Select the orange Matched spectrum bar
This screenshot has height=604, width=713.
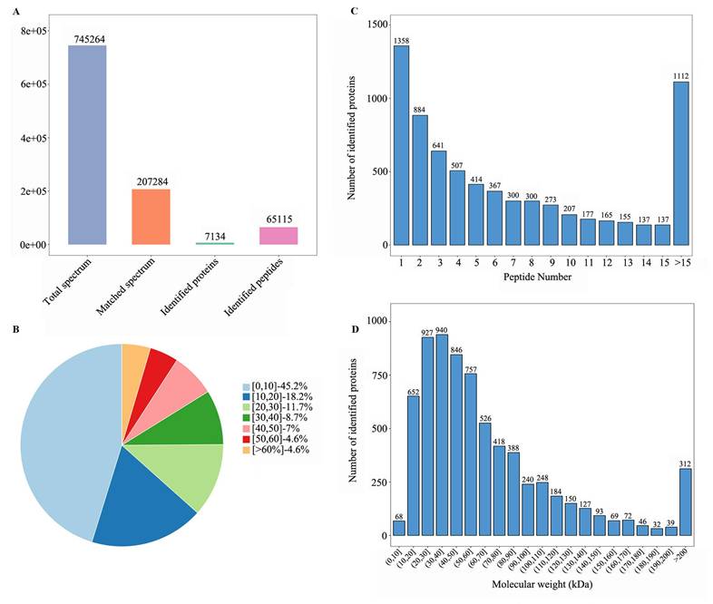point(151,217)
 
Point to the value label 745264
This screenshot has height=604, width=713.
point(87,38)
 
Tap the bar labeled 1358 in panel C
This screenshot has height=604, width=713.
point(401,145)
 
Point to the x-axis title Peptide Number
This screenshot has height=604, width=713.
point(539,277)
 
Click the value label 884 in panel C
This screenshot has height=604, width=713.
point(420,110)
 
